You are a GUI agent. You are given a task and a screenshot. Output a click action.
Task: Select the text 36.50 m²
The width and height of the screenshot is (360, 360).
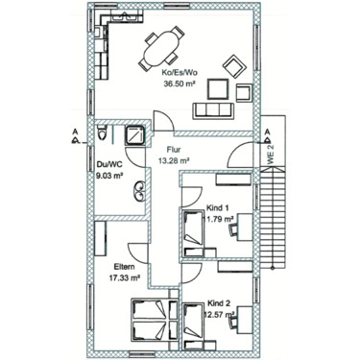tap(180, 84)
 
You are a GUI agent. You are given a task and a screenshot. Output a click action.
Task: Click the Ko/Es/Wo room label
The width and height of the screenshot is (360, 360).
tap(180, 73)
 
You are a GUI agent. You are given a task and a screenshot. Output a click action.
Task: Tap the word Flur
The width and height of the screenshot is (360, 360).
tap(174, 150)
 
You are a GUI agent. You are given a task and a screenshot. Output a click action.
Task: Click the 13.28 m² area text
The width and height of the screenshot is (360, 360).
tap(174, 161)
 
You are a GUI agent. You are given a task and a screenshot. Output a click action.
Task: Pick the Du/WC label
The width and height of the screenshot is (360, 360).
tap(108, 164)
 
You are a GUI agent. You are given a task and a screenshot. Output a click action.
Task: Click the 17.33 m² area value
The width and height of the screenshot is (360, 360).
tap(126, 277)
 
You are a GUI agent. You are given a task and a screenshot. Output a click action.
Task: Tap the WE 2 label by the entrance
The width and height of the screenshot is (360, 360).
tap(271, 154)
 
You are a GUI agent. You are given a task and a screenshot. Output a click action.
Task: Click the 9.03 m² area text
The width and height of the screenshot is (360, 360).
tap(108, 176)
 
